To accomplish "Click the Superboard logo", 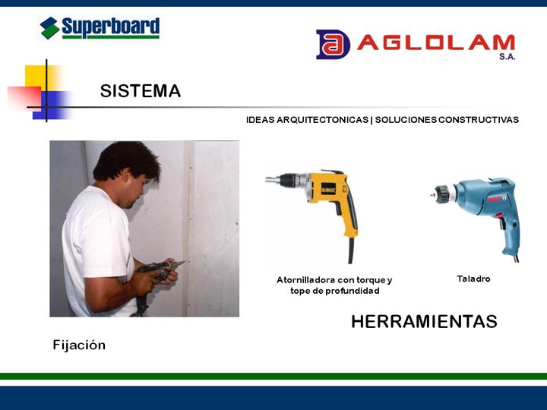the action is (x=100, y=28).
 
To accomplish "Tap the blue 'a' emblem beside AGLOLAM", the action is (x=333, y=44).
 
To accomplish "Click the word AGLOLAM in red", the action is (x=436, y=43).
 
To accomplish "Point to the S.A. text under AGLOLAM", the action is (x=507, y=56).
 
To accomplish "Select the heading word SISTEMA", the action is (x=141, y=91).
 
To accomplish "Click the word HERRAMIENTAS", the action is (x=424, y=321).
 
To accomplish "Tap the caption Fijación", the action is (x=79, y=345).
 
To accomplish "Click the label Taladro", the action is (x=473, y=279).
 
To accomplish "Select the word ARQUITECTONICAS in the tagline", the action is (x=322, y=120).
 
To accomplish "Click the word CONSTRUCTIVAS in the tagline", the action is (x=479, y=120).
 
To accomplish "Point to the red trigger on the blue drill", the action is (x=500, y=216).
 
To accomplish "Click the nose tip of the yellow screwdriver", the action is (x=267, y=180).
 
